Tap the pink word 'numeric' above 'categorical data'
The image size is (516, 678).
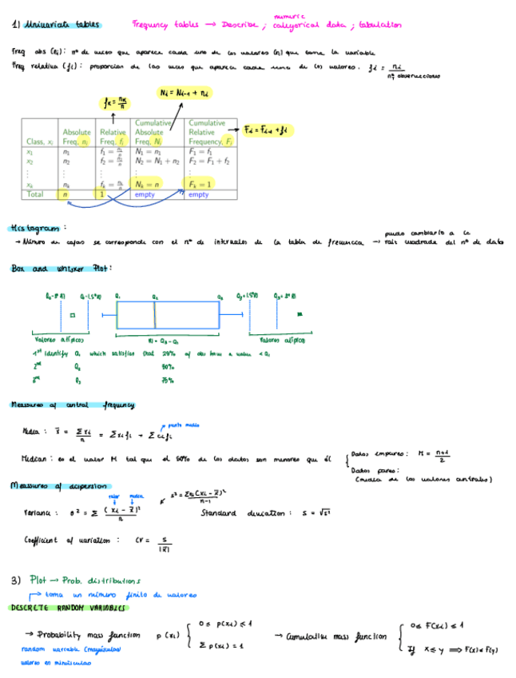(x=285, y=16)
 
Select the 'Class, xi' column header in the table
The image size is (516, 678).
(x=39, y=142)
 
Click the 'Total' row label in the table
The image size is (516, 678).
(x=36, y=194)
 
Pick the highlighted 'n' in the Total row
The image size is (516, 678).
(x=66, y=194)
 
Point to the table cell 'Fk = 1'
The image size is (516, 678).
(x=200, y=185)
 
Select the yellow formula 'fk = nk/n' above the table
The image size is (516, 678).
(x=117, y=101)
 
